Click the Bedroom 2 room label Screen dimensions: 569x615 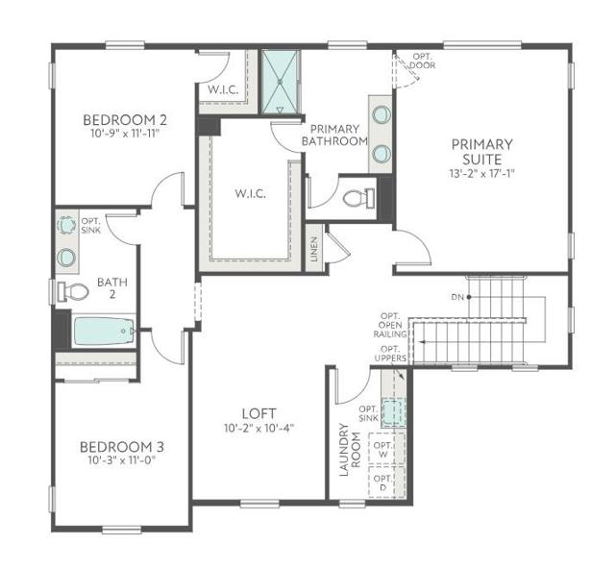(125, 120)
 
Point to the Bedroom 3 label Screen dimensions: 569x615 (121, 447)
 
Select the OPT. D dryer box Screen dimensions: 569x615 (382, 483)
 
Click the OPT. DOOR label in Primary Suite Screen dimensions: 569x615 (422, 61)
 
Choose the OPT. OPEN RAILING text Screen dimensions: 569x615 (389, 326)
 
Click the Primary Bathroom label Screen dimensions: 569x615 (334, 136)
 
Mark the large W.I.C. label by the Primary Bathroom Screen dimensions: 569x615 (251, 193)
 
